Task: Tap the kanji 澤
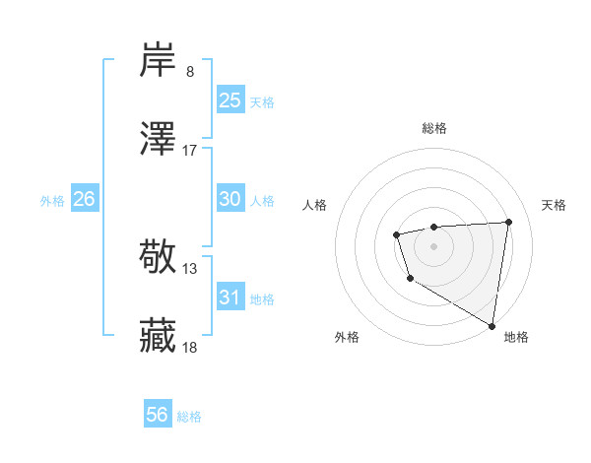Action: tap(158, 139)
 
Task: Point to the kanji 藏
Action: tap(158, 336)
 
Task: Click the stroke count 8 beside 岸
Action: tap(190, 72)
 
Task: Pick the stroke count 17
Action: tap(190, 151)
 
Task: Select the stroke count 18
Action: tap(190, 348)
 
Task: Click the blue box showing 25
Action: tap(230, 100)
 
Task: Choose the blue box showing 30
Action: tap(230, 199)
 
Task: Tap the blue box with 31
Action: tap(230, 298)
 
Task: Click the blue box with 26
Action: tap(85, 199)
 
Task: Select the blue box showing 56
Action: tap(158, 415)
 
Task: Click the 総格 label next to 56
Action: tap(190, 417)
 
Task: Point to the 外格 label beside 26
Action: tap(52, 201)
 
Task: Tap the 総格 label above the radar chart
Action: tap(433, 128)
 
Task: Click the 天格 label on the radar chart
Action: tap(555, 205)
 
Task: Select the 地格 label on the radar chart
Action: tap(516, 337)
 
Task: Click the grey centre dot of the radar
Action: tap(433, 245)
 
